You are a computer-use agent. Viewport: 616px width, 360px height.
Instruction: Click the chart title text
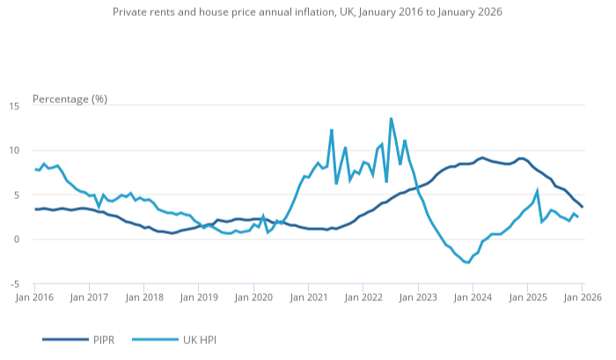pos(307,13)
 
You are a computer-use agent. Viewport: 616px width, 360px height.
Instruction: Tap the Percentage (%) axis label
pos(70,99)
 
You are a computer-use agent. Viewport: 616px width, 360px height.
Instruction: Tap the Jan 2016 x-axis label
pos(34,298)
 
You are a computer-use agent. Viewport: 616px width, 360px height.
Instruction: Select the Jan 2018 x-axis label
pos(144,298)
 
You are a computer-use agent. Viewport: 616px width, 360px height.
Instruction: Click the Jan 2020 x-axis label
pos(254,298)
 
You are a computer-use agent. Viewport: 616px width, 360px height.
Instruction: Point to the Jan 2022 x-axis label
pos(363,298)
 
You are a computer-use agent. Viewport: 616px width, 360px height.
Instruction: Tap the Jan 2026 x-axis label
pos(582,298)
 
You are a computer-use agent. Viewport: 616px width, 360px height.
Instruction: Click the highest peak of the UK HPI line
pos(391,118)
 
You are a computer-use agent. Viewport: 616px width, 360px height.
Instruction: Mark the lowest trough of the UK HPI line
pos(468,262)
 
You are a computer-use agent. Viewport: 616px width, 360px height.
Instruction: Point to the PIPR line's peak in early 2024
pos(482,158)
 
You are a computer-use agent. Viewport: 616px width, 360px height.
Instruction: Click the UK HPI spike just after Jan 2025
pos(537,191)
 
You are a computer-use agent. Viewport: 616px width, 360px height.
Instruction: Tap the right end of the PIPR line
pos(582,207)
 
